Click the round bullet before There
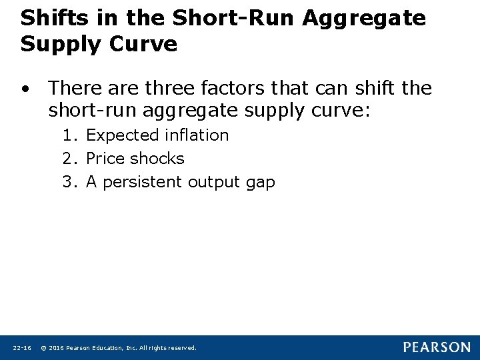pyautogui.click(x=25, y=89)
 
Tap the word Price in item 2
pyautogui.click(x=106, y=159)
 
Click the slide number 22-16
pyautogui.click(x=22, y=348)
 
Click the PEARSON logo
pyautogui.click(x=436, y=347)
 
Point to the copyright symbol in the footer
pyautogui.click(x=43, y=348)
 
